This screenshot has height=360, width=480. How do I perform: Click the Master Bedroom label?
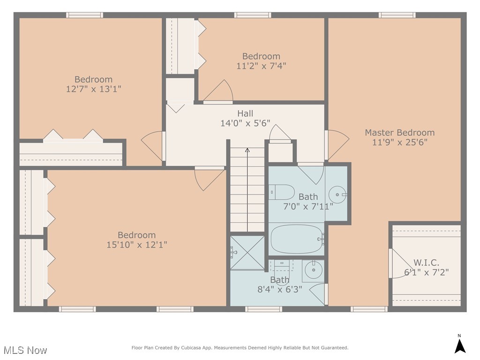(399, 133)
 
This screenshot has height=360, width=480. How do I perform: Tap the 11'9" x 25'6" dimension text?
(399, 142)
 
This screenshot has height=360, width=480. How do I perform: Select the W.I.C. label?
(426, 262)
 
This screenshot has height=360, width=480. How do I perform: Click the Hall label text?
(245, 113)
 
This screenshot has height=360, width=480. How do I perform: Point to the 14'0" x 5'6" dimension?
(245, 123)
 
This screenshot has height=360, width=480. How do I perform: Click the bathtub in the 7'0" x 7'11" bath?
(296, 239)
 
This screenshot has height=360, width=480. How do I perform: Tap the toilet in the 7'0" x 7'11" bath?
(281, 192)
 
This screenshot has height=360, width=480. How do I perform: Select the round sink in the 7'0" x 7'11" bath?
(337, 195)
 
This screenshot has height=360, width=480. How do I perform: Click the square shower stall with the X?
(247, 253)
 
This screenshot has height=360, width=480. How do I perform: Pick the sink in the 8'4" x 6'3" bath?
(313, 270)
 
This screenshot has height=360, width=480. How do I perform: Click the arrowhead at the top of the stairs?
(247, 150)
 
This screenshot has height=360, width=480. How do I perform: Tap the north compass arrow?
(459, 346)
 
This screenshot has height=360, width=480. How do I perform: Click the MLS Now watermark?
(25, 350)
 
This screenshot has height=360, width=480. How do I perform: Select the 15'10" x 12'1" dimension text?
(136, 245)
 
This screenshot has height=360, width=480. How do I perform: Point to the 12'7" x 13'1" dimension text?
(93, 89)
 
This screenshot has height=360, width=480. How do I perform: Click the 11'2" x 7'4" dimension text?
(261, 66)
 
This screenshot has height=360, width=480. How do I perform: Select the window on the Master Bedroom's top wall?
(397, 15)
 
